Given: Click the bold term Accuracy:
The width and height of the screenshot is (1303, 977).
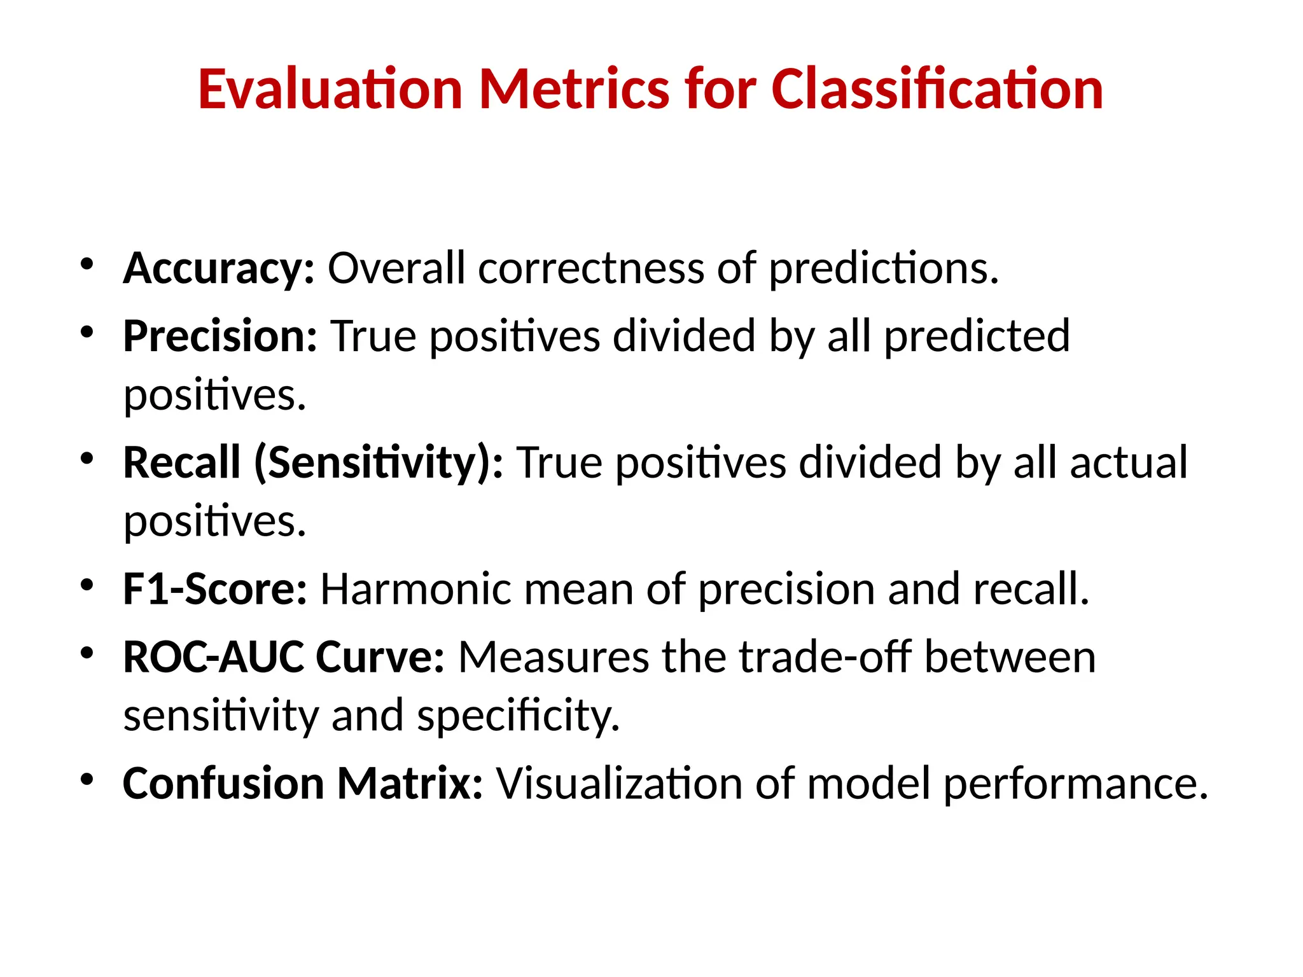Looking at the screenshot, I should [x=218, y=269].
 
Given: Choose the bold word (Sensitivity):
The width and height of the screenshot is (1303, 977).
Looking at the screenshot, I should [x=379, y=462].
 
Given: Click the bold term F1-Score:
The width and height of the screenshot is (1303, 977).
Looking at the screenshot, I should [x=214, y=589].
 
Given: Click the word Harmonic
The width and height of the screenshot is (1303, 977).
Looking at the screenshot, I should [x=415, y=589].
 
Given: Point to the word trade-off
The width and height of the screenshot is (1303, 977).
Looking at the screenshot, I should [x=825, y=657].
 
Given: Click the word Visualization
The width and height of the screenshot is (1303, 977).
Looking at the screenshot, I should [x=618, y=783].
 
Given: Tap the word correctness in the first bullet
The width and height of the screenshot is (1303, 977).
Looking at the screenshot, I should [x=591, y=269].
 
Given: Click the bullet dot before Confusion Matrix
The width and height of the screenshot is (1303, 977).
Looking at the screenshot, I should [x=87, y=779].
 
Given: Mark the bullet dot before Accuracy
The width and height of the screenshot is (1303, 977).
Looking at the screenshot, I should [x=87, y=264].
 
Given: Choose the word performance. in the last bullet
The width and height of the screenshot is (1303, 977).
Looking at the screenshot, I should [x=1075, y=784].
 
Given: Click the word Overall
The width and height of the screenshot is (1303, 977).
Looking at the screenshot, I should [x=396, y=269].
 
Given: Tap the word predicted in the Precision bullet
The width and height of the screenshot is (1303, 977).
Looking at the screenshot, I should [x=977, y=337].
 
